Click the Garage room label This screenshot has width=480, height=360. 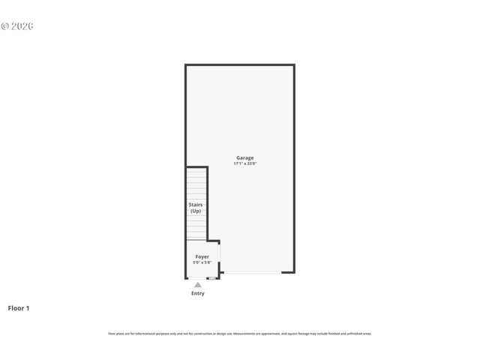point(244,157)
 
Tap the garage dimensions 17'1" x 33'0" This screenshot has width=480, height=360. point(244,163)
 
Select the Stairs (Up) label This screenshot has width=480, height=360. point(196,208)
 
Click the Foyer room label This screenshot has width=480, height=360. point(202,257)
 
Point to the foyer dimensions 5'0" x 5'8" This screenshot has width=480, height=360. point(202,262)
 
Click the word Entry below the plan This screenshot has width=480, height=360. point(197,293)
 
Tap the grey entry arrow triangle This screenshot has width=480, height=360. point(197,285)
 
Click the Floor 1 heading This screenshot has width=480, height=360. point(19,307)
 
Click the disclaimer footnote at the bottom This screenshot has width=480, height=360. point(240,334)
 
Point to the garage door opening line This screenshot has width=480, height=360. point(252,273)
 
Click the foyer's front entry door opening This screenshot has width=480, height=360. point(197,277)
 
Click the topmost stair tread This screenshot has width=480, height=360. point(196,170)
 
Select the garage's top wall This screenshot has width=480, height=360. point(240,65)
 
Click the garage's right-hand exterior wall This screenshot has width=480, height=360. point(293,169)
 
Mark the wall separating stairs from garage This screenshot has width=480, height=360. point(208,202)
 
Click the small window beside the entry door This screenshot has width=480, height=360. point(212,277)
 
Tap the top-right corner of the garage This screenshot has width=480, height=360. point(293,65)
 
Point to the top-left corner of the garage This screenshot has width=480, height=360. point(187,65)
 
